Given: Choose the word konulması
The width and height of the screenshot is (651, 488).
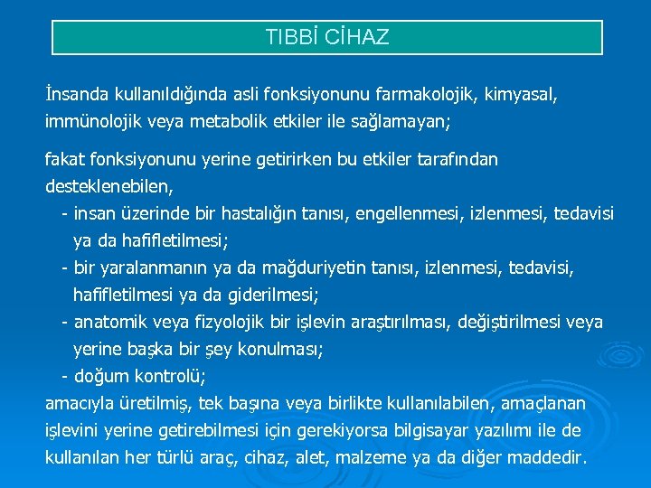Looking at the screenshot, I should (x=280, y=349).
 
